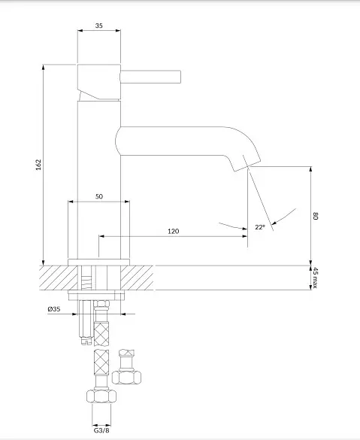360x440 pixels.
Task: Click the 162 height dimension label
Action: (x=38, y=165)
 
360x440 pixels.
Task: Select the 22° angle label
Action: (x=260, y=227)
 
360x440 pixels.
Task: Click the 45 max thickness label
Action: (x=316, y=278)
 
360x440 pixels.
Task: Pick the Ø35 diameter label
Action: (x=54, y=309)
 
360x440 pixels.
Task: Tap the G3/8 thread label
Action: (x=101, y=430)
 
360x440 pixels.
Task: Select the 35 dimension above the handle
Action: (x=98, y=26)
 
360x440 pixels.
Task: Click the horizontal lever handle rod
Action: (x=150, y=77)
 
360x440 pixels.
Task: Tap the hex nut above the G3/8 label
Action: (x=101, y=396)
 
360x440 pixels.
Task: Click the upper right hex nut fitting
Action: (x=126, y=377)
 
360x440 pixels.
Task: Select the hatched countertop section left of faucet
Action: (x=59, y=278)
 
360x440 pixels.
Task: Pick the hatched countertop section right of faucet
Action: (x=137, y=278)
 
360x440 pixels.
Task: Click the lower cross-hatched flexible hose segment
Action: (x=101, y=363)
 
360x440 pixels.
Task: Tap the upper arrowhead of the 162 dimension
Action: (x=43, y=68)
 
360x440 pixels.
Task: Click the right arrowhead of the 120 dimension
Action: (x=244, y=236)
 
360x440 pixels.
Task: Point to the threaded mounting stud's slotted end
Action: (x=86, y=341)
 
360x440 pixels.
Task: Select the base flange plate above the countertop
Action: (x=99, y=262)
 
